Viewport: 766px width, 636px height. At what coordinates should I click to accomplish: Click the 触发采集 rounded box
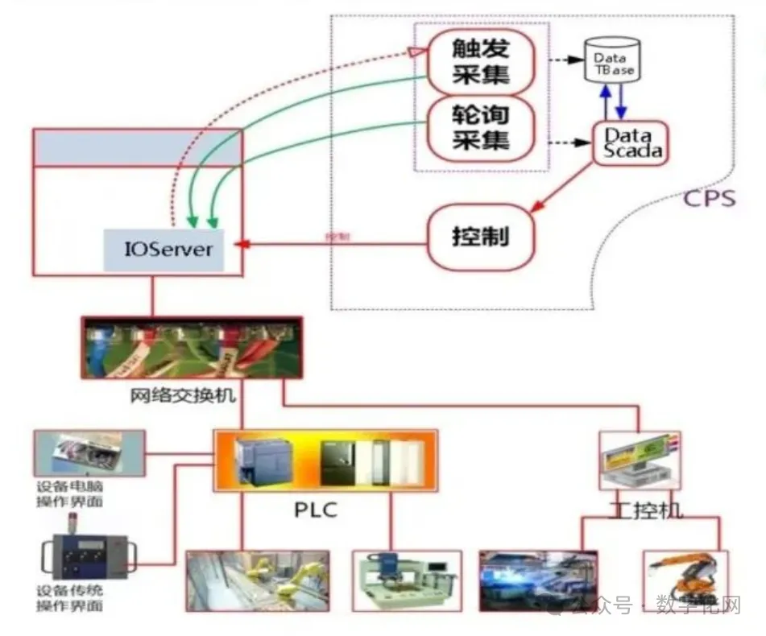coord(481,62)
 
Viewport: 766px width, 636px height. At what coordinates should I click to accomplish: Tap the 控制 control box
coord(480,237)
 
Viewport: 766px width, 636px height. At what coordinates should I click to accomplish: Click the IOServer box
coord(169,247)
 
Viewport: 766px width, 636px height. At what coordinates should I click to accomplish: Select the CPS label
coord(710,198)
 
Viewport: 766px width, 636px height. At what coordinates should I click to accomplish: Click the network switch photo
coord(192,347)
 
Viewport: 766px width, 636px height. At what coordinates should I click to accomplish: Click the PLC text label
coord(314,510)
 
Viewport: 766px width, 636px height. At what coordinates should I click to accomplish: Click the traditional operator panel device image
coord(86,556)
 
